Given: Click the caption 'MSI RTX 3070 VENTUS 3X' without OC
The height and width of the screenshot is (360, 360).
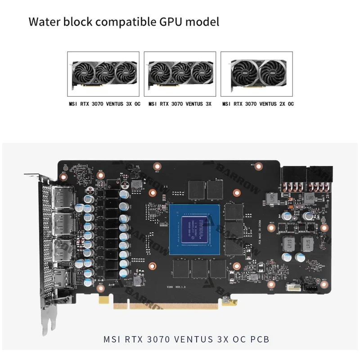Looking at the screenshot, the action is pos(180,104).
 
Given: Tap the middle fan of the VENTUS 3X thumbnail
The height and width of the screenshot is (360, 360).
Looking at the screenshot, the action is pos(180,72).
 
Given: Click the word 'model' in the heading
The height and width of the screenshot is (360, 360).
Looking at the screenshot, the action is pos(204,22).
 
